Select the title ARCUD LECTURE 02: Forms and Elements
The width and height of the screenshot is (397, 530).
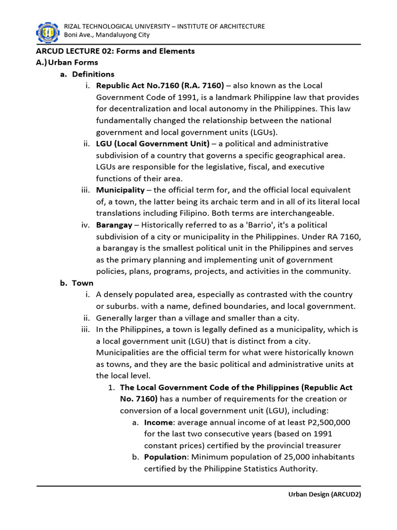(115, 51)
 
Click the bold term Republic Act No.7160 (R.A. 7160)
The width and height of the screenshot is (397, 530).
(160, 85)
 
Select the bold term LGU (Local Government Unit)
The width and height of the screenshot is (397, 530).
(152, 143)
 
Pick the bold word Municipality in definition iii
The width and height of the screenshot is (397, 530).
(120, 190)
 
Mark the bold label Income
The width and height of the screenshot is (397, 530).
(159, 422)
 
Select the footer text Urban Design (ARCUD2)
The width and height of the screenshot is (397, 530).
(324, 494)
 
